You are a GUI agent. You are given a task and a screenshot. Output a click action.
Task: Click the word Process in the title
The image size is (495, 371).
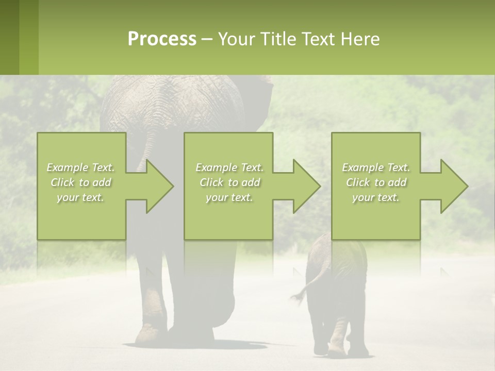coord(162,39)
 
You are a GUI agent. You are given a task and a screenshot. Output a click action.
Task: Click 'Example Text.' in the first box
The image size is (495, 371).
coord(81,167)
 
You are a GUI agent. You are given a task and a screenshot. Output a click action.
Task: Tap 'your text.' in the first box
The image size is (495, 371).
coord(81,197)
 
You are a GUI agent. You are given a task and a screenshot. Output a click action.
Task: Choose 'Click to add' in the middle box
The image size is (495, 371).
coord(229,182)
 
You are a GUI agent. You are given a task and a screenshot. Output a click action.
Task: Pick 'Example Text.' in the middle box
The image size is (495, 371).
coord(229,167)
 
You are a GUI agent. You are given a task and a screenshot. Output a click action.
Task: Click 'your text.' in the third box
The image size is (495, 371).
coord(375,197)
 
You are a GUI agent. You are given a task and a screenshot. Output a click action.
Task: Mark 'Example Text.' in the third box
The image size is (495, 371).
coord(375,167)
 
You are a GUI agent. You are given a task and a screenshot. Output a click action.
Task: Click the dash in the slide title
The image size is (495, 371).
coord(207,39)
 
